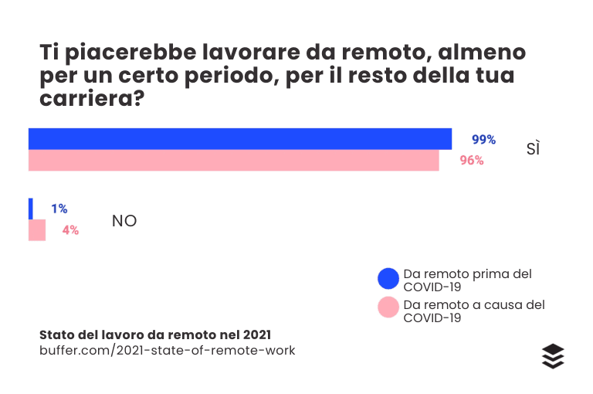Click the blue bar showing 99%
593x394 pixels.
[x=240, y=138]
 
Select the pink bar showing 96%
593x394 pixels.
[x=234, y=160]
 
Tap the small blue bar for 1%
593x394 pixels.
[x=31, y=209]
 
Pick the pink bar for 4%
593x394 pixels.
[x=37, y=230]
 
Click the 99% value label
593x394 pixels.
[x=483, y=140]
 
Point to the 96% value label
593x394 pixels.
[x=472, y=161]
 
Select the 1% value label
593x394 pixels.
[x=59, y=209]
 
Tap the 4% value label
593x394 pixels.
[x=70, y=230]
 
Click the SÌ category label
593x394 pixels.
[x=533, y=149]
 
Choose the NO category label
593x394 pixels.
[x=124, y=221]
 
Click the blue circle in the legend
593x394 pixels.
[x=388, y=279]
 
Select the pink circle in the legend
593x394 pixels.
[x=388, y=309]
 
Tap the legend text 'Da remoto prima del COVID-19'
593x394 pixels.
[x=467, y=280]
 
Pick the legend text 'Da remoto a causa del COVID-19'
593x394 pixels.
[x=473, y=311]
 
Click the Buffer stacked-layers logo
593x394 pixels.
[x=553, y=356]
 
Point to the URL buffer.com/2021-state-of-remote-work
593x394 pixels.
[x=167, y=351]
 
